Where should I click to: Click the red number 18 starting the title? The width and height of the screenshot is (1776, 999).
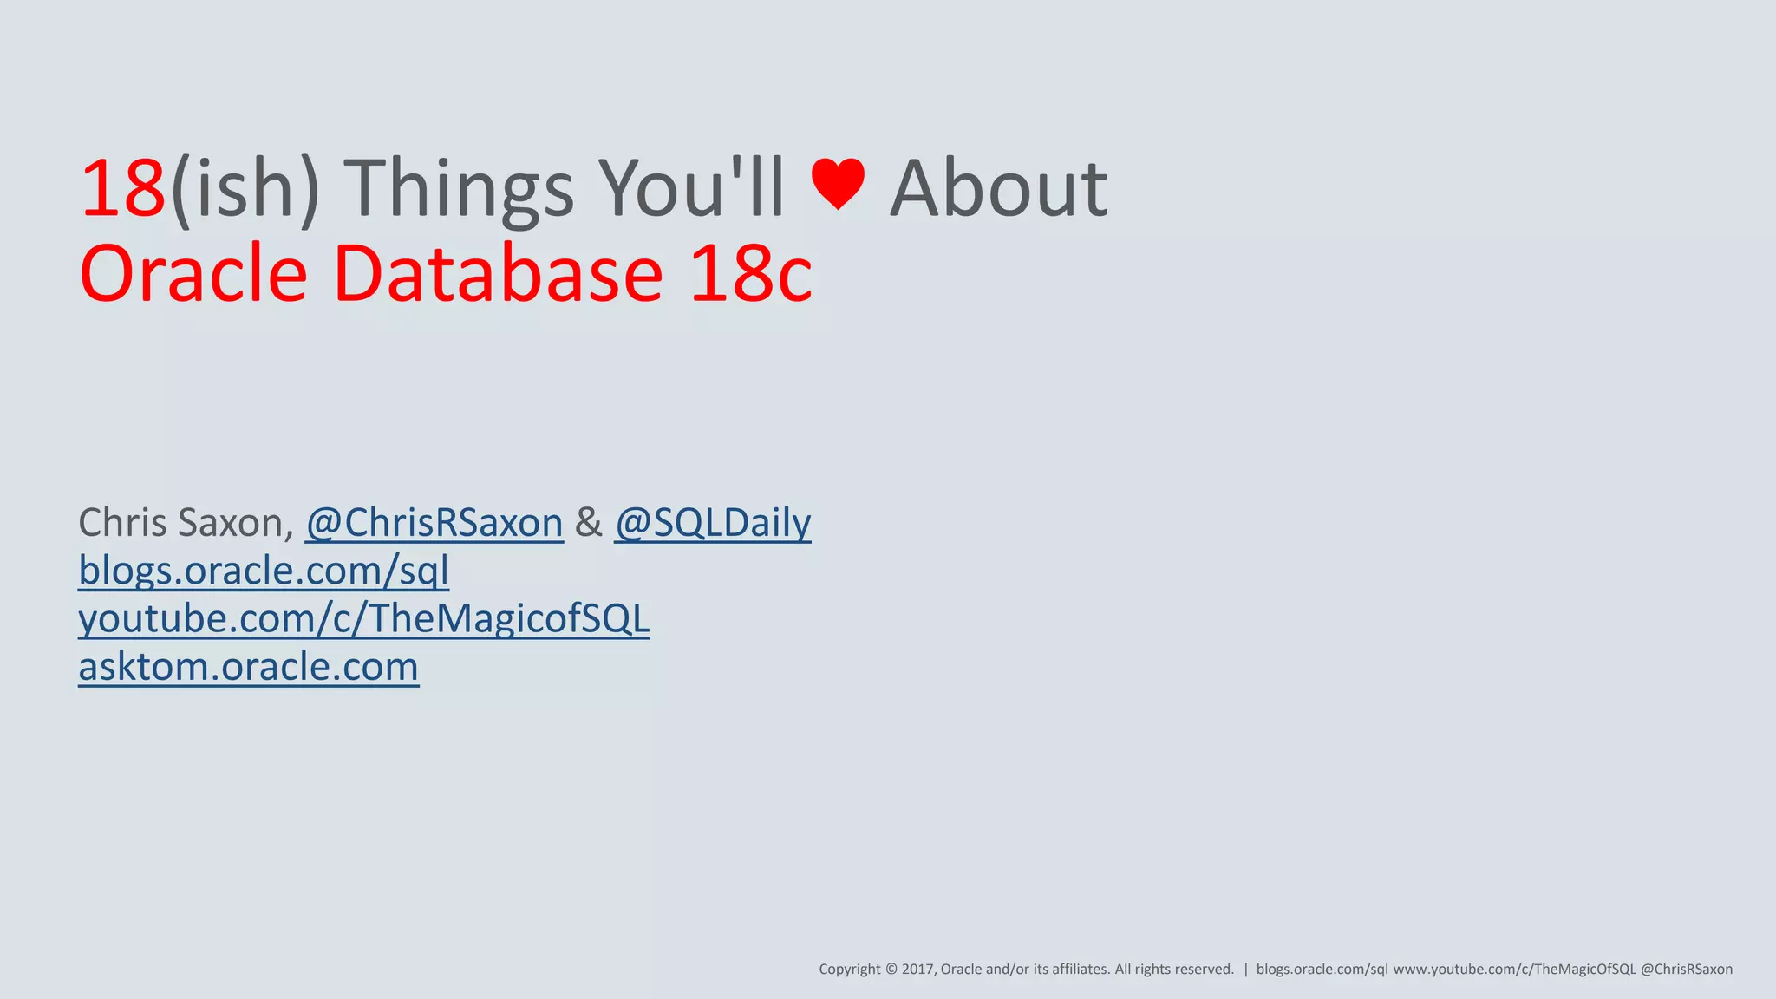[x=122, y=188]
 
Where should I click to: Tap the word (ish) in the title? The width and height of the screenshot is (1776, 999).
[x=245, y=190]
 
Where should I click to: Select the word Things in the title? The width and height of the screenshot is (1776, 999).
[x=460, y=190]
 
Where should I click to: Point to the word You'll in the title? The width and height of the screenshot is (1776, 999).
[x=692, y=188]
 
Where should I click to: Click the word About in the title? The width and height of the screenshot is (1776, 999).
[x=998, y=188]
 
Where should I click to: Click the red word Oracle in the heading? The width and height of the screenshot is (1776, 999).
[x=193, y=274]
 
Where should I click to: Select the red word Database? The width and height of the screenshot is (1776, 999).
[x=498, y=274]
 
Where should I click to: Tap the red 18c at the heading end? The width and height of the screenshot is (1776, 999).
[x=751, y=274]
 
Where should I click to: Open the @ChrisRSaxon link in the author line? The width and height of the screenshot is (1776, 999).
[x=434, y=522]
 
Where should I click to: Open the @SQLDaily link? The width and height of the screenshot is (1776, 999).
[x=712, y=522]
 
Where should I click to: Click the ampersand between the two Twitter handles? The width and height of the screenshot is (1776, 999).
[x=588, y=522]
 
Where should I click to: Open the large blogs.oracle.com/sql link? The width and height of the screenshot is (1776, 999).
[x=264, y=571]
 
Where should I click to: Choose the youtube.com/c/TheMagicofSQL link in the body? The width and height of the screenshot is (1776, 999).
[x=363, y=618]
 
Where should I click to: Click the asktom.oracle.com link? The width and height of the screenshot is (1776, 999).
[x=248, y=666]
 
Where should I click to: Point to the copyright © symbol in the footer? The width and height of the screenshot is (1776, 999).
[x=890, y=970]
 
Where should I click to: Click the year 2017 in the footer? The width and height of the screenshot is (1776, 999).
[x=917, y=970]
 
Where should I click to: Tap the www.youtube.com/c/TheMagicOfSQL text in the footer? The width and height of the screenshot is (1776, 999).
[x=1514, y=970]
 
